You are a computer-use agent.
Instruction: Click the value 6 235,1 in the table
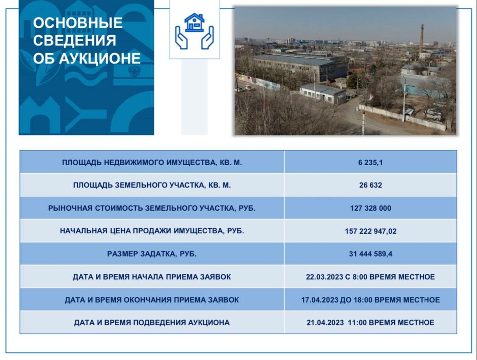coord(370,163)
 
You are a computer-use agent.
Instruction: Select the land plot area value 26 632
coord(370,185)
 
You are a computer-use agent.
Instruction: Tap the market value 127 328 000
coord(371,208)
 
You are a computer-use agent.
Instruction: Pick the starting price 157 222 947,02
coord(371,231)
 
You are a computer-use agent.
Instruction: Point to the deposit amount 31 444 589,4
coord(371,254)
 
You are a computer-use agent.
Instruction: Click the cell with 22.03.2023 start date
coord(370,276)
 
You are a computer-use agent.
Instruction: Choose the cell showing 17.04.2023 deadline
coord(371,300)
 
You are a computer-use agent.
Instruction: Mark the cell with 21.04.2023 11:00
coord(370,322)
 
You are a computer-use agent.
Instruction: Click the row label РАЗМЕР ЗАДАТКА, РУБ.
coord(152,254)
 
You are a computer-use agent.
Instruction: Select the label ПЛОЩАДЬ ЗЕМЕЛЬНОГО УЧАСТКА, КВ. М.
coord(152,185)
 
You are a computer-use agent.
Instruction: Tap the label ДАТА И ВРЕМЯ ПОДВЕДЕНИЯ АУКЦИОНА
coord(152,322)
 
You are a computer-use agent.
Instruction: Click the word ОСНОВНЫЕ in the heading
coord(78,23)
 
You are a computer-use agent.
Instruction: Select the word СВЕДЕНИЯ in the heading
coord(75,40)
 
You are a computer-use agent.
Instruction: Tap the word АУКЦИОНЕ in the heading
coord(99,58)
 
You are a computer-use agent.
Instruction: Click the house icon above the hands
coord(194,22)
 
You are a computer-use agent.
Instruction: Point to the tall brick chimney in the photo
coord(422,39)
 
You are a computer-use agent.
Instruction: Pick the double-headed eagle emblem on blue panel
coord(134,71)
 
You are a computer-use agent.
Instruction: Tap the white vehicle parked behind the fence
coord(433,114)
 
